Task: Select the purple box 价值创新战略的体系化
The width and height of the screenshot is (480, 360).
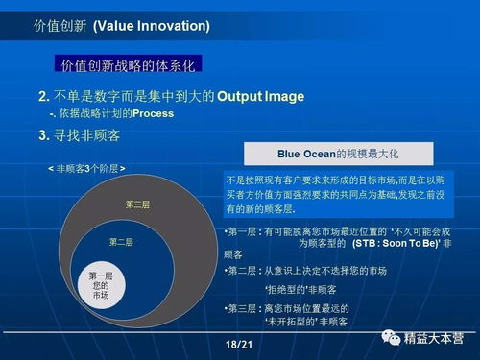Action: [128, 65]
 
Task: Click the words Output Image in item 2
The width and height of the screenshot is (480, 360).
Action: [260, 97]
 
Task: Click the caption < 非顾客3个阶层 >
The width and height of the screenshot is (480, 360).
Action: [86, 168]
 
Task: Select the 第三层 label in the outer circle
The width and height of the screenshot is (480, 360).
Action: [137, 204]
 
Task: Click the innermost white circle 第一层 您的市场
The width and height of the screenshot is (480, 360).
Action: [101, 282]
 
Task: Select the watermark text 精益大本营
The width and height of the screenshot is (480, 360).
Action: [433, 339]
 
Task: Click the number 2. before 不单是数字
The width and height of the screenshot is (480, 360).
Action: [44, 97]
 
